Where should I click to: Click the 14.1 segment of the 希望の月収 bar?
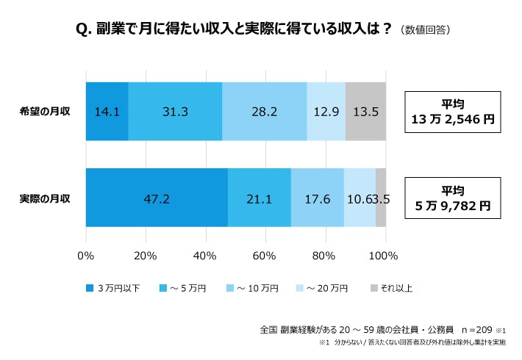click(x=107, y=112)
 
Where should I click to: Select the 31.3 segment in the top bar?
click(x=175, y=112)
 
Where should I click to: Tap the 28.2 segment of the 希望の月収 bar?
click(x=264, y=112)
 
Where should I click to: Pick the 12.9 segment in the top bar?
click(x=326, y=112)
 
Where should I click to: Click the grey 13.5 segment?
click(x=365, y=112)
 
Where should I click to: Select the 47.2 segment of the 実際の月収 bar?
click(x=157, y=198)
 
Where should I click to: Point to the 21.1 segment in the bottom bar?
click(x=259, y=198)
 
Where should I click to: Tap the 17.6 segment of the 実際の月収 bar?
click(x=317, y=198)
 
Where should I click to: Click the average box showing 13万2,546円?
click(x=452, y=112)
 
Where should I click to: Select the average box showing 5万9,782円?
click(x=452, y=198)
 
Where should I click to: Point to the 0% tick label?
click(x=86, y=256)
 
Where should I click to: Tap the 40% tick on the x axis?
click(x=204, y=256)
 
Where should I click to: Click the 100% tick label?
click(x=383, y=256)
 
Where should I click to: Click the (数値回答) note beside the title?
click(x=426, y=30)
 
